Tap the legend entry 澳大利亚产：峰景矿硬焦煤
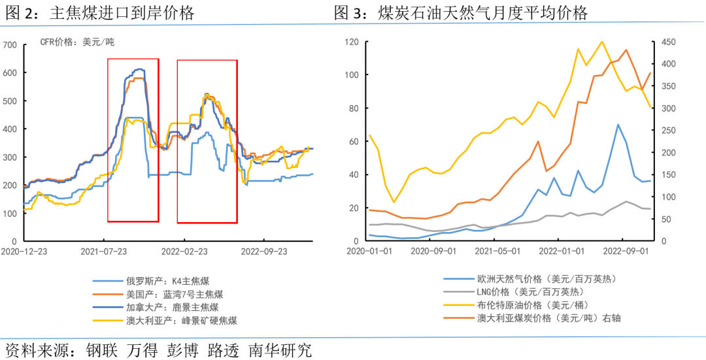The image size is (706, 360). pos(181,320)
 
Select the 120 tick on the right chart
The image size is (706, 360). pos(352,42)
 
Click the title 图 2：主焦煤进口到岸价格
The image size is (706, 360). pos(99,12)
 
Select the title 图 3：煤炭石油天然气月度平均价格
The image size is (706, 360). pos(460,12)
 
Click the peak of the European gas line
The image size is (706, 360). pos(618,124)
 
